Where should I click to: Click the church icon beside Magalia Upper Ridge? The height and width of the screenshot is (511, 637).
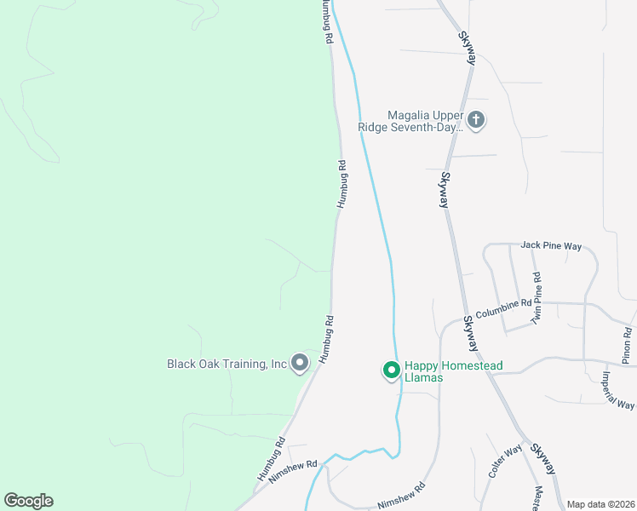(476, 120)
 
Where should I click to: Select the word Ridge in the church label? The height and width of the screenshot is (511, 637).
(372, 127)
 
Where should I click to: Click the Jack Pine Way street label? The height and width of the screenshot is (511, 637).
(551, 246)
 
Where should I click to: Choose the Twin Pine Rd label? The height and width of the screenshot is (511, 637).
(537, 298)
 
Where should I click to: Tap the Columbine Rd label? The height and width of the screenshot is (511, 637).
(503, 307)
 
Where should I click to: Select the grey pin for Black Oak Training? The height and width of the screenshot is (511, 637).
(300, 364)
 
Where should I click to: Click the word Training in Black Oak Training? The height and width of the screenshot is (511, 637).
(243, 364)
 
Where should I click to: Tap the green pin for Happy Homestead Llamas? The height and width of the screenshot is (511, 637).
(391, 370)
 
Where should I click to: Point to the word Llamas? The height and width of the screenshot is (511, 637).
(423, 377)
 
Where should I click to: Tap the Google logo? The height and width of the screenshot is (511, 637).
(29, 501)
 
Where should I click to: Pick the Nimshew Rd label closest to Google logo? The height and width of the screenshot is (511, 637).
(292, 473)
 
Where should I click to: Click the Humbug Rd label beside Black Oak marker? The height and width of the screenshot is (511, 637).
(325, 341)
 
